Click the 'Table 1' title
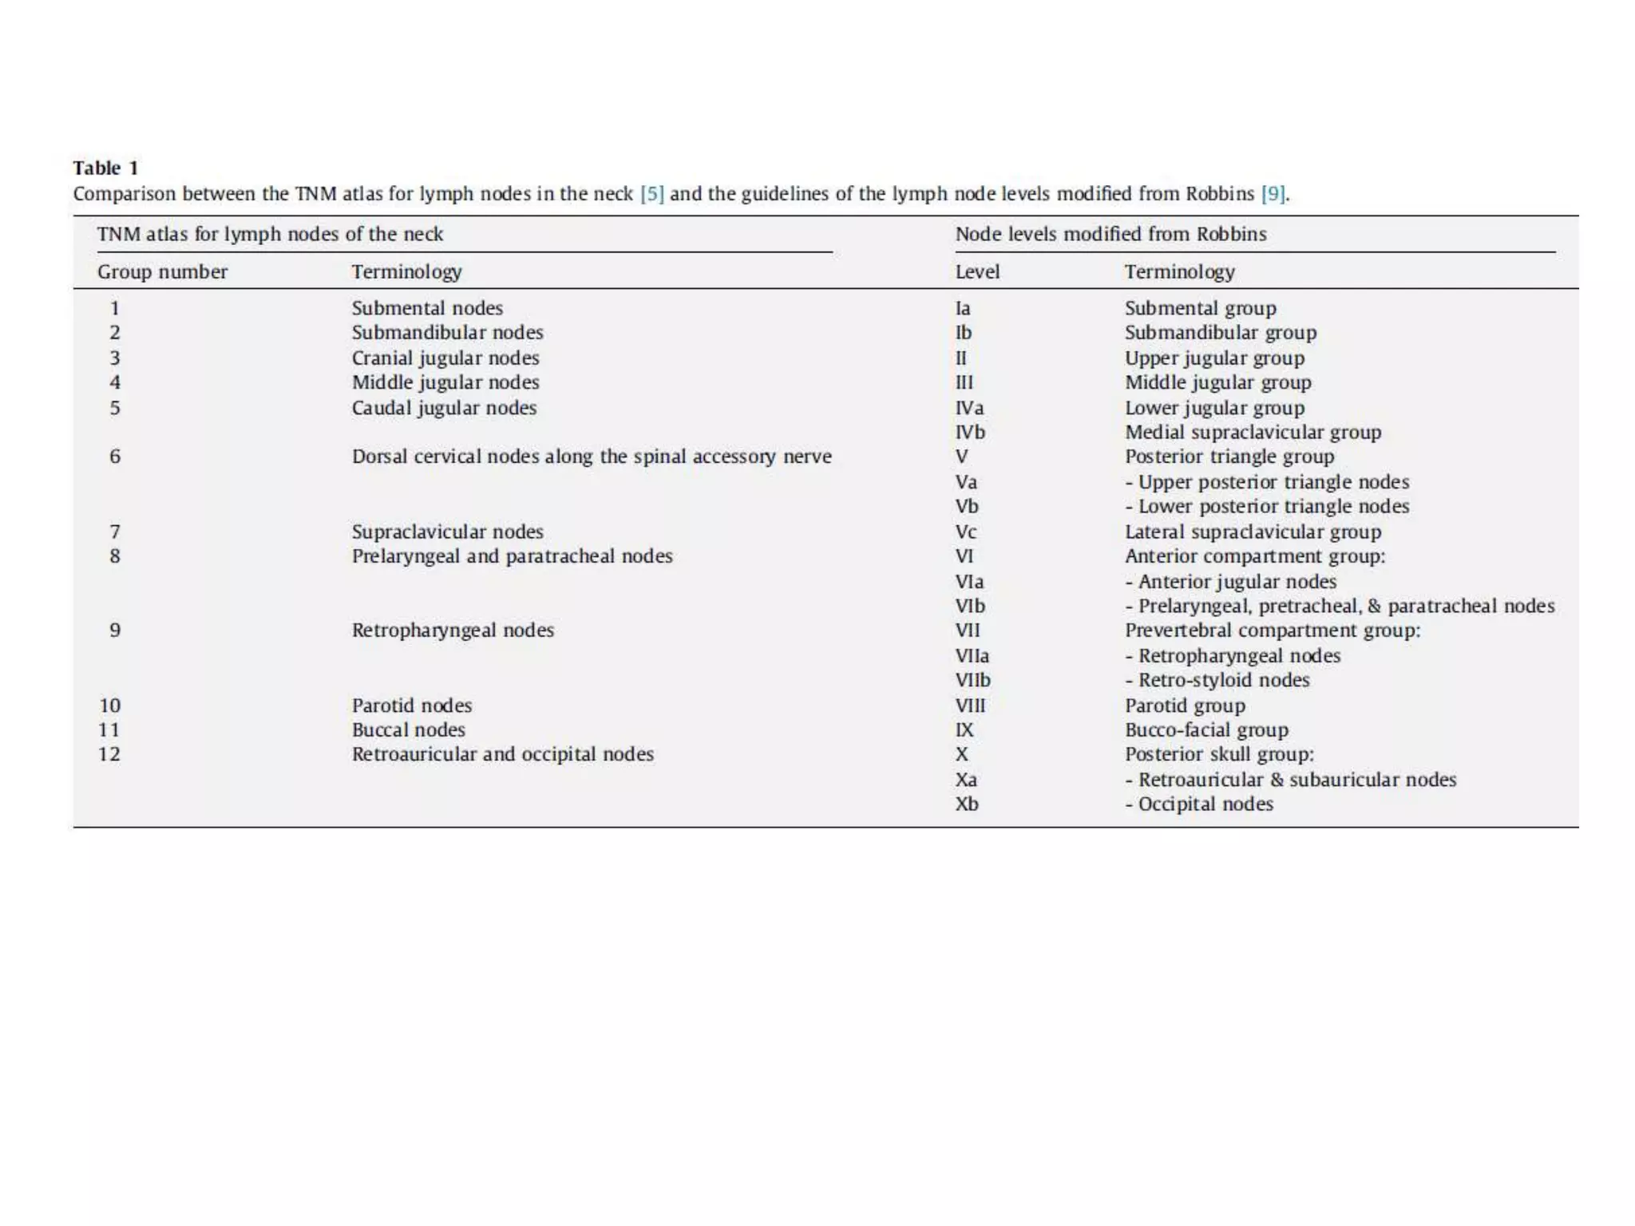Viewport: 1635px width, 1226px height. (105, 168)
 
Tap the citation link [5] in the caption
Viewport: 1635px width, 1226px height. (651, 194)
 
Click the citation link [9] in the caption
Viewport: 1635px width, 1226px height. (1273, 194)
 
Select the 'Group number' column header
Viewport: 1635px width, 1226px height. (162, 272)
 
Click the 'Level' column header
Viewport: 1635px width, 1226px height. (977, 272)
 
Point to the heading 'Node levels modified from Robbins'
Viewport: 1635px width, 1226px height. (1110, 235)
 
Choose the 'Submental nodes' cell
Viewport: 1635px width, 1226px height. (427, 308)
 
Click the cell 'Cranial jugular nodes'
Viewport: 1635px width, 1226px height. (445, 358)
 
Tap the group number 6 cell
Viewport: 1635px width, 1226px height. (115, 457)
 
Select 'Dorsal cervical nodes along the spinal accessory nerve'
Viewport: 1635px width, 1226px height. (592, 457)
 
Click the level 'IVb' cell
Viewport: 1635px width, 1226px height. (970, 432)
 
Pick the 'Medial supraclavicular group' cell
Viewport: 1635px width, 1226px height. (1253, 432)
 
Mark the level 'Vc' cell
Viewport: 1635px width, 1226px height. (966, 532)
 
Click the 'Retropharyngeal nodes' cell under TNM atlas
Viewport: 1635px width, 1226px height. (453, 630)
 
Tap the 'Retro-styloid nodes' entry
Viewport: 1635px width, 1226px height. (1223, 680)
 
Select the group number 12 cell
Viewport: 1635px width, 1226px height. (109, 754)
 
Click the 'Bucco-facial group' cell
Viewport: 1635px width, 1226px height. (1206, 730)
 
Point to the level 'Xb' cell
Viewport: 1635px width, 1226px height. (967, 804)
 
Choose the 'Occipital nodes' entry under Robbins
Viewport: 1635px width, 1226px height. (1205, 804)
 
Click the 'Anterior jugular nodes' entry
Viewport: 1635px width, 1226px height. (1237, 581)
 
